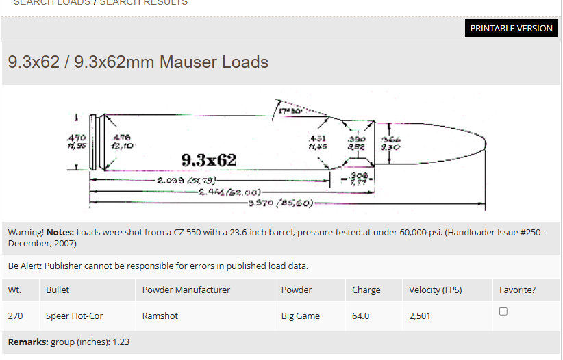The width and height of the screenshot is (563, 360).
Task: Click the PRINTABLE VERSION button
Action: pyautogui.click(x=511, y=28)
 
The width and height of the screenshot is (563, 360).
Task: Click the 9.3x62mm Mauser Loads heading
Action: pyautogui.click(x=138, y=62)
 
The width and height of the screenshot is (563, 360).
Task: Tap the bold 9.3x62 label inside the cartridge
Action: pyautogui.click(x=208, y=160)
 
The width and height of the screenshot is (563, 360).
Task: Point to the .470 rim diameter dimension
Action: pyautogui.click(x=76, y=141)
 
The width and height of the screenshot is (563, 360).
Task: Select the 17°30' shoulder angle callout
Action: pyautogui.click(x=290, y=110)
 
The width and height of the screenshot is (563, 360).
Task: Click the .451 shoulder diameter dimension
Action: pyautogui.click(x=316, y=142)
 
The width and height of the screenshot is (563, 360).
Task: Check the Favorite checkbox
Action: pyautogui.click(x=503, y=311)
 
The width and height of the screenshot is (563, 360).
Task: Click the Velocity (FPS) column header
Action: pyautogui.click(x=435, y=290)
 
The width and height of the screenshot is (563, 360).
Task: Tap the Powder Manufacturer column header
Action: pyautogui.click(x=186, y=290)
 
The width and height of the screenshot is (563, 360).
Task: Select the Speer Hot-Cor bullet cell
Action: pyautogui.click(x=75, y=316)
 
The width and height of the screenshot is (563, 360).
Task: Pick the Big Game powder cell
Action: pyautogui.click(x=300, y=316)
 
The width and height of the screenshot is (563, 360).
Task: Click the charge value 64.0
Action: pyautogui.click(x=360, y=316)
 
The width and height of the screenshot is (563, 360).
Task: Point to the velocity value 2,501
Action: pyautogui.click(x=420, y=316)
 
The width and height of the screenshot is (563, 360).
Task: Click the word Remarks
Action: pyautogui.click(x=27, y=342)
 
